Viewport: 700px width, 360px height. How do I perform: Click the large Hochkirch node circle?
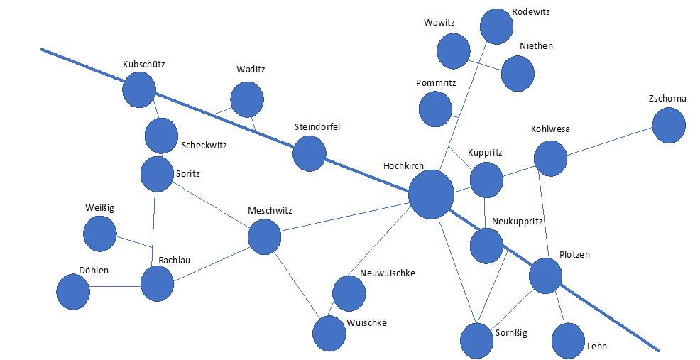point(431,195)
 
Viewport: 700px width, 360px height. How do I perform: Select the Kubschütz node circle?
point(139,89)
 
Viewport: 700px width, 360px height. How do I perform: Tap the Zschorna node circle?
point(669,126)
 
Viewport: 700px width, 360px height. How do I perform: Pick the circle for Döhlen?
point(73,292)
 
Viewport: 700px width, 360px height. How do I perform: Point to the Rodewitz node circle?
point(496,27)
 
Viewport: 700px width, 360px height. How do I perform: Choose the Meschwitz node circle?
point(264,236)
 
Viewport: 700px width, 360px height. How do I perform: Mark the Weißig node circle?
point(100,234)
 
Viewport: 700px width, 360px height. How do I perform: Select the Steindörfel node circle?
point(310,153)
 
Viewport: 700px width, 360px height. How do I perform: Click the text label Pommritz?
point(436,83)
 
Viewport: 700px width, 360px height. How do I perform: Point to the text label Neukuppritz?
point(518,222)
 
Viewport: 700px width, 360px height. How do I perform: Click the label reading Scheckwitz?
point(204,146)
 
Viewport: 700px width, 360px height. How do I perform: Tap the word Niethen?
point(536,46)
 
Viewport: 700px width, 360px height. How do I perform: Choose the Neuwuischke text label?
point(388,273)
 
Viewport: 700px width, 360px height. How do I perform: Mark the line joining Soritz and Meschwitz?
point(211,205)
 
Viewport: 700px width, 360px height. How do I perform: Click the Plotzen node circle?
point(546,276)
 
